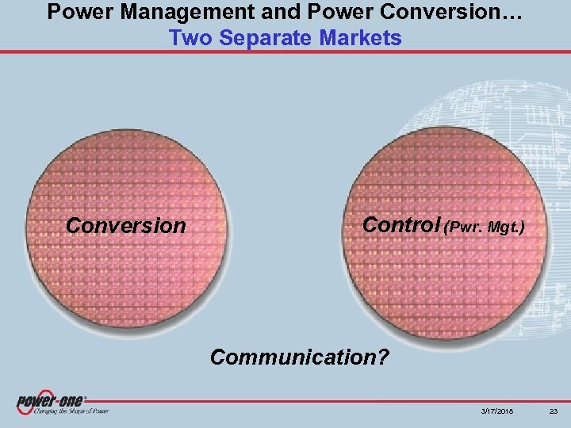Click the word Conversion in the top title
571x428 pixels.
(419, 13)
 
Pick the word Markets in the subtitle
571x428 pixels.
(362, 38)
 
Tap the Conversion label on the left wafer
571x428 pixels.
(125, 226)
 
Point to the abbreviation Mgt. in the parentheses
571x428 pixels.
(507, 227)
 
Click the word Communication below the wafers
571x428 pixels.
(293, 357)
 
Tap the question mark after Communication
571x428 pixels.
(383, 357)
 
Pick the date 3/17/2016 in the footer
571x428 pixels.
(495, 411)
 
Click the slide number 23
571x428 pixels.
(553, 411)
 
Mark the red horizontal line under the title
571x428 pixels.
(285, 52)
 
